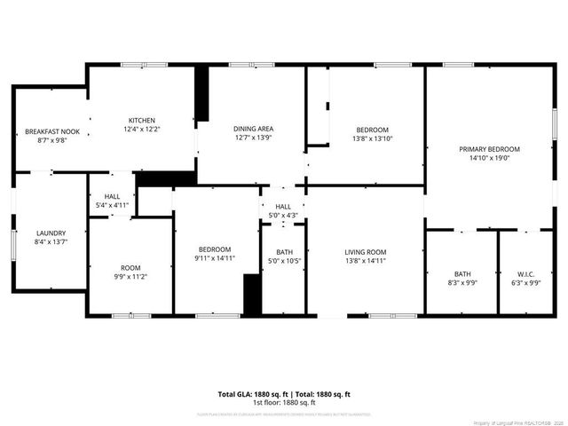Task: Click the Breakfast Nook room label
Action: [x=52, y=131]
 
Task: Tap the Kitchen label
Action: [x=142, y=121]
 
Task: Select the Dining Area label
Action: [x=253, y=129]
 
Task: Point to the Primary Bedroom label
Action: [x=489, y=149]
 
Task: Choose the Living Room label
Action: [x=366, y=253]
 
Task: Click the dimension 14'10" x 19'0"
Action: [x=489, y=158]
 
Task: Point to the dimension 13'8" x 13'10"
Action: [x=366, y=138]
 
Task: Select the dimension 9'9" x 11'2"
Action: [x=130, y=276]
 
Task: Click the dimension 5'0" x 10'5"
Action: [x=284, y=262]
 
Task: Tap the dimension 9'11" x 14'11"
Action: [x=215, y=258]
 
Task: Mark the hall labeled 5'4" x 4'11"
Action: [x=112, y=205]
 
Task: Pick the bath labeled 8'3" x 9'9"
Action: [x=462, y=278]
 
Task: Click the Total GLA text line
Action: [x=284, y=394]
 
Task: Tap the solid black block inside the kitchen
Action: [x=201, y=94]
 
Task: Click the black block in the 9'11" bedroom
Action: [x=252, y=295]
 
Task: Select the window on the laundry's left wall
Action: [x=13, y=240]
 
